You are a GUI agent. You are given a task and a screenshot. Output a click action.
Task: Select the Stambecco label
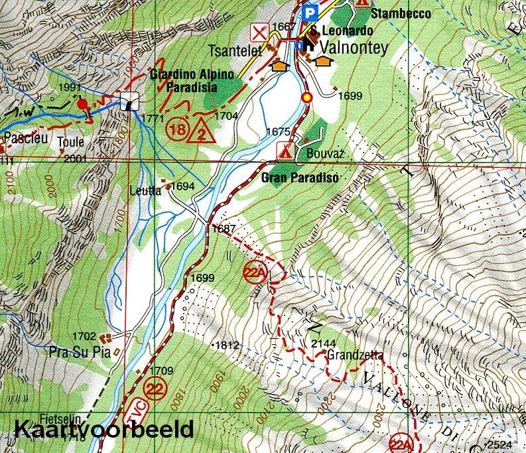(401, 13)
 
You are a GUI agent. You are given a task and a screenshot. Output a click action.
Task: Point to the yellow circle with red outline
(306, 98)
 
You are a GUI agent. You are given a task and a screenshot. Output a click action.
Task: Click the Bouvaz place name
(322, 153)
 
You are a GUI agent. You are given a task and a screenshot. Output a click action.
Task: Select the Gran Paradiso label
(300, 178)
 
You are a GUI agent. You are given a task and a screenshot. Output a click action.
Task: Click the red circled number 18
(177, 127)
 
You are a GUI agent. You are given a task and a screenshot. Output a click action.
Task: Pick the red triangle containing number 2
(201, 134)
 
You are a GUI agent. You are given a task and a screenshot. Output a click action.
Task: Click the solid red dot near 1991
(82, 103)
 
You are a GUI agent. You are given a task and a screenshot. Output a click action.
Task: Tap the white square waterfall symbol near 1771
(130, 101)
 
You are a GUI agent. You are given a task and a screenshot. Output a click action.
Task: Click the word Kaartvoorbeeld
(103, 428)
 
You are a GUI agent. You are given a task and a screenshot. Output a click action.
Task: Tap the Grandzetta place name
(354, 355)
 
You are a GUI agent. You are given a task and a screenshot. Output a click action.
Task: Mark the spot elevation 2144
(322, 343)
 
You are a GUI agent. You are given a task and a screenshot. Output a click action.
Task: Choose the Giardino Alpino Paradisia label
(192, 80)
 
